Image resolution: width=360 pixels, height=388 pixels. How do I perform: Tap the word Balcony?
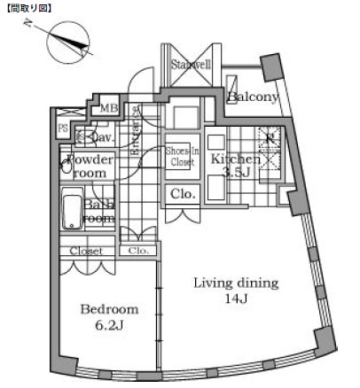point(253,97)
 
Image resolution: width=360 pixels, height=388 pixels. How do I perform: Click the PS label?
point(63,128)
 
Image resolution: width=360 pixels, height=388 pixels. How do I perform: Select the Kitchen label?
point(235,159)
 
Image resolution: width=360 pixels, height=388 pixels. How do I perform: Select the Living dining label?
point(237,283)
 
